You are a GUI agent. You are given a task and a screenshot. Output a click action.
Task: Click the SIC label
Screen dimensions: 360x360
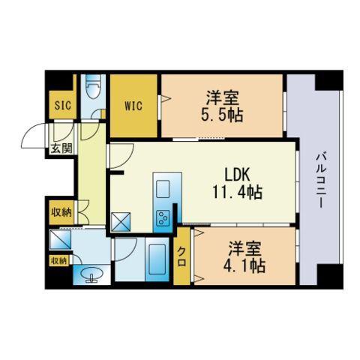coord(63,105)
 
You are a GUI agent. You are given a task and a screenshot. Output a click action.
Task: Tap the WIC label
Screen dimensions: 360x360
coord(133,106)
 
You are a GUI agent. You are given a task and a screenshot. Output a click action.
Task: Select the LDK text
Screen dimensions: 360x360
coord(237,174)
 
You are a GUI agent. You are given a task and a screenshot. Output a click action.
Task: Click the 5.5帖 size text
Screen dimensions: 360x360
coord(222,115)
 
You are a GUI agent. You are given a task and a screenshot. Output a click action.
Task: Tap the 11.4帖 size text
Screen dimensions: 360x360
coord(237,192)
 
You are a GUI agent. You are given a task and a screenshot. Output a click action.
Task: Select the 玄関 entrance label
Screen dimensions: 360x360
coord(61,148)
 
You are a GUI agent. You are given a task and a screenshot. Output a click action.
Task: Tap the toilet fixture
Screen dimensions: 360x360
coord(93,88)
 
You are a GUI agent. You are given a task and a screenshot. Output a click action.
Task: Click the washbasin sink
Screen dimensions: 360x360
coord(91,274)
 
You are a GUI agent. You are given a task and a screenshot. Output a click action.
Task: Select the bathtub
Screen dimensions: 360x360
coord(157,259)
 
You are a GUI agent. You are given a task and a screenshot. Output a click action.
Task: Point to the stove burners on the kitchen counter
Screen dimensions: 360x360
coord(163,218)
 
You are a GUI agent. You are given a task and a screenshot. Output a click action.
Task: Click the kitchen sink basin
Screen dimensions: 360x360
coord(163,189)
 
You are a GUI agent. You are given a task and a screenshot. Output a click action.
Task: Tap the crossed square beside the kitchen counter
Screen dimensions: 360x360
coord(121,222)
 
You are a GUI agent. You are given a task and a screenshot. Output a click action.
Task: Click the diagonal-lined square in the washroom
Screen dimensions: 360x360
coord(60,239)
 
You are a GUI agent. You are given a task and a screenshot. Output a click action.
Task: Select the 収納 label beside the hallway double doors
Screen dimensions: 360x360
coord(61,212)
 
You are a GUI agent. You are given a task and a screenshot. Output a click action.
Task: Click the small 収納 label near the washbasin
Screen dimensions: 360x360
coord(59,261)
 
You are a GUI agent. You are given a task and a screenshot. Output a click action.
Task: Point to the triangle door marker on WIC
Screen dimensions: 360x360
coord(165,98)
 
